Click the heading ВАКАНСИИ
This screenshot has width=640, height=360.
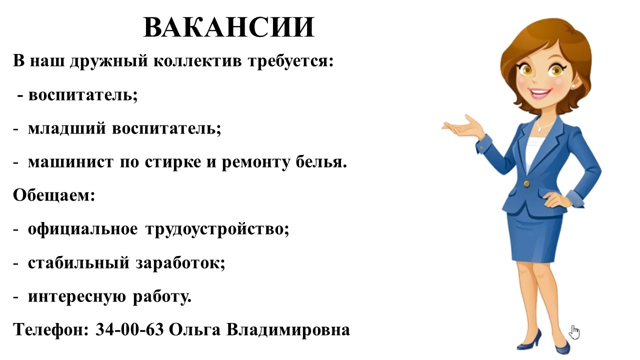pyautogui.click(x=229, y=27)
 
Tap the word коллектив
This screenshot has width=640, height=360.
pyautogui.click(x=197, y=61)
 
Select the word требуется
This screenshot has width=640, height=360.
pyautogui.click(x=290, y=61)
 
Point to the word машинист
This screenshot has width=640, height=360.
pyautogui.click(x=70, y=162)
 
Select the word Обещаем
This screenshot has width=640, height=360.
pyautogui.click(x=53, y=195)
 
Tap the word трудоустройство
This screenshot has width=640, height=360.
pyautogui.click(x=217, y=229)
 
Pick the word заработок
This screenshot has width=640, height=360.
pyautogui.click(x=180, y=263)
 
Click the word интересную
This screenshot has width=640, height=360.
pyautogui.click(x=77, y=297)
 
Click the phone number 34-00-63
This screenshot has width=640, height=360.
pyautogui.click(x=129, y=329)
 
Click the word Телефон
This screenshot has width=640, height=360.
pyautogui.click(x=51, y=329)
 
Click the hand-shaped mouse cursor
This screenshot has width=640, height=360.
pyautogui.click(x=574, y=332)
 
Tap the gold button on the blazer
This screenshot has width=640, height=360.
pyautogui.click(x=526, y=183)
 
